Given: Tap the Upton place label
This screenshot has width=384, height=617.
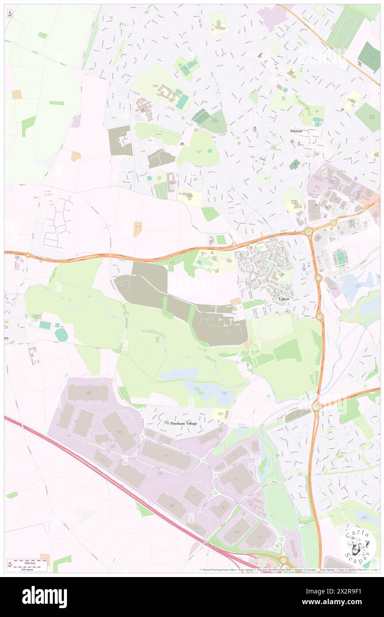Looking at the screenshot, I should tap(284, 299).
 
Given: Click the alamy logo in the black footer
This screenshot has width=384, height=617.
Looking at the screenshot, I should tap(44, 597).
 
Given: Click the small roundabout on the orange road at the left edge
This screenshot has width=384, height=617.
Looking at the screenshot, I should tap(28, 255).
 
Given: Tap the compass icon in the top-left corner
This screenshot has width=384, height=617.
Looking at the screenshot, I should tap(10, 13).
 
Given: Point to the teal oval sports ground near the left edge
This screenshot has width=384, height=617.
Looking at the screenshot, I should tap(61, 335).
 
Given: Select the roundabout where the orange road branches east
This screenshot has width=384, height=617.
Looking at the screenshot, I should tap(316, 405).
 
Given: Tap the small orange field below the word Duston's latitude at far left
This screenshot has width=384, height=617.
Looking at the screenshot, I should tap(76, 156).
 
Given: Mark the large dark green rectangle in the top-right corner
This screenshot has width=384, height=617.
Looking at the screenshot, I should tap(369, 57).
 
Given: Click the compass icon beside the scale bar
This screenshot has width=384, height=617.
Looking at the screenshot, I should tap(10, 565).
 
